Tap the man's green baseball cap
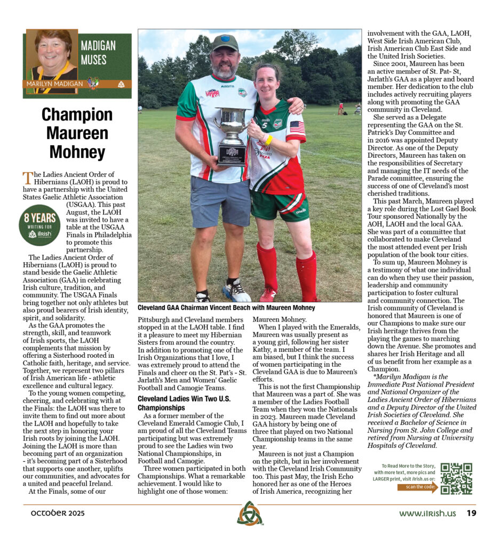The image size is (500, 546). click(225, 43)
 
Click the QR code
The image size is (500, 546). click(456, 478)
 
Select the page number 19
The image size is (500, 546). click(471, 513)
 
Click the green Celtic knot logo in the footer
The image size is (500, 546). click(250, 513)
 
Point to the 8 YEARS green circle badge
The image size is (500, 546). click(39, 224)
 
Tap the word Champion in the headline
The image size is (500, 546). click(77, 114)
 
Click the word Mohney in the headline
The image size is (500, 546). click(77, 151)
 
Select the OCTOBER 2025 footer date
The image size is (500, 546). click(53, 513)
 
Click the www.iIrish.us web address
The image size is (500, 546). click(427, 513)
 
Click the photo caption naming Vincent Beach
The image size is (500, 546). click(226, 308)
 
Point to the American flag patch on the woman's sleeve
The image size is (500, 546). click(297, 127)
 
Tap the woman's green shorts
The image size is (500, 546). click(279, 206)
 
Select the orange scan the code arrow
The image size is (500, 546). click(418, 487)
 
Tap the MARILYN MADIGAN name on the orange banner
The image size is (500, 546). click(55, 84)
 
